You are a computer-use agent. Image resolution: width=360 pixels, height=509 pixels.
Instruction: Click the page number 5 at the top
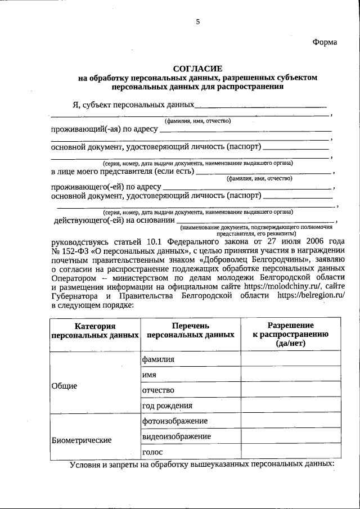(197, 22)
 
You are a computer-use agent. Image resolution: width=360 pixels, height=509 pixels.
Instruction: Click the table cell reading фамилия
(159, 359)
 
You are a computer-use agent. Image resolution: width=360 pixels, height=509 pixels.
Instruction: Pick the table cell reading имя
(149, 375)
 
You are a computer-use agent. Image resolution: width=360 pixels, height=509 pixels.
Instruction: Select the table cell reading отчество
(159, 390)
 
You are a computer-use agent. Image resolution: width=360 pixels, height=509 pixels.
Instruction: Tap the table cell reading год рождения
(168, 406)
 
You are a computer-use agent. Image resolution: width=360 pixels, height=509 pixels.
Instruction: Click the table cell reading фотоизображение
(175, 421)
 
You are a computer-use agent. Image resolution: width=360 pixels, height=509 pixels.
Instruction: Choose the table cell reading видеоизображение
(177, 436)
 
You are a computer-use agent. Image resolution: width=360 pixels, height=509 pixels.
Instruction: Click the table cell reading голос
(153, 452)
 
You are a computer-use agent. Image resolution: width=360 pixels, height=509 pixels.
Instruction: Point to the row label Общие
(64, 386)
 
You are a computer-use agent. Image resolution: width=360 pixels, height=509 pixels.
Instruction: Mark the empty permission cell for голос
(290, 452)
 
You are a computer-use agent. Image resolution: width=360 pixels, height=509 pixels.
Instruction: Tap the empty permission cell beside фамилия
(290, 359)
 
